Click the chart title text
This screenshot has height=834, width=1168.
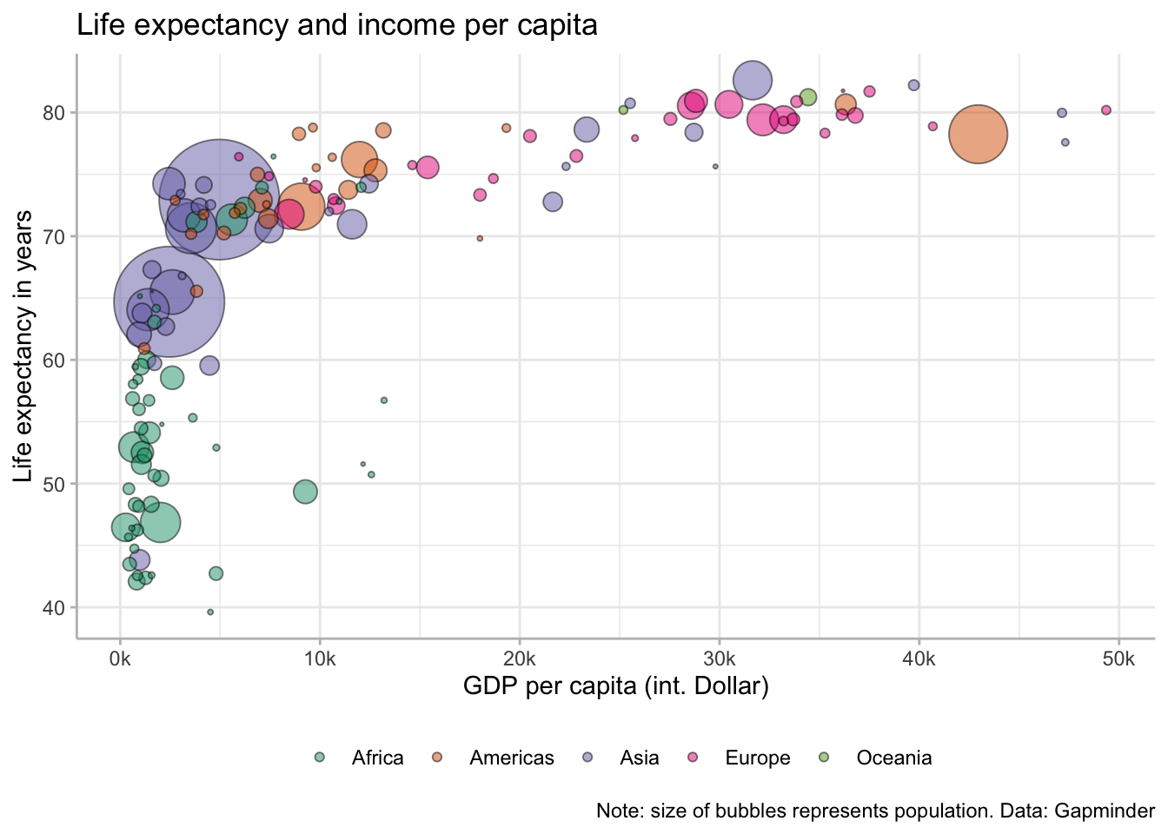point(337,25)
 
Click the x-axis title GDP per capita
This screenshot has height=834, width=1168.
point(615,687)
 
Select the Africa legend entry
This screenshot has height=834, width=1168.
point(377,758)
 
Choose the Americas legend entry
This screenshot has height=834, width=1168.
point(511,758)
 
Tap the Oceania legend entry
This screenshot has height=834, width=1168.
point(893,758)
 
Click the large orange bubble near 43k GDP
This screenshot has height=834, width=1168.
point(978,134)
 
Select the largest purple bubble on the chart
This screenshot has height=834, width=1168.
point(219,199)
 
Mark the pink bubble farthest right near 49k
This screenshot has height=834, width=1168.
point(1106,110)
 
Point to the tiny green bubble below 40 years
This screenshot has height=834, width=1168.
point(210,612)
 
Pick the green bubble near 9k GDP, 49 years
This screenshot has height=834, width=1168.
point(305,492)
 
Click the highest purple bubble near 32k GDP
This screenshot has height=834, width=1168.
point(753,81)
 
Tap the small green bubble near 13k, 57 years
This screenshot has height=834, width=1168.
point(384,400)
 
